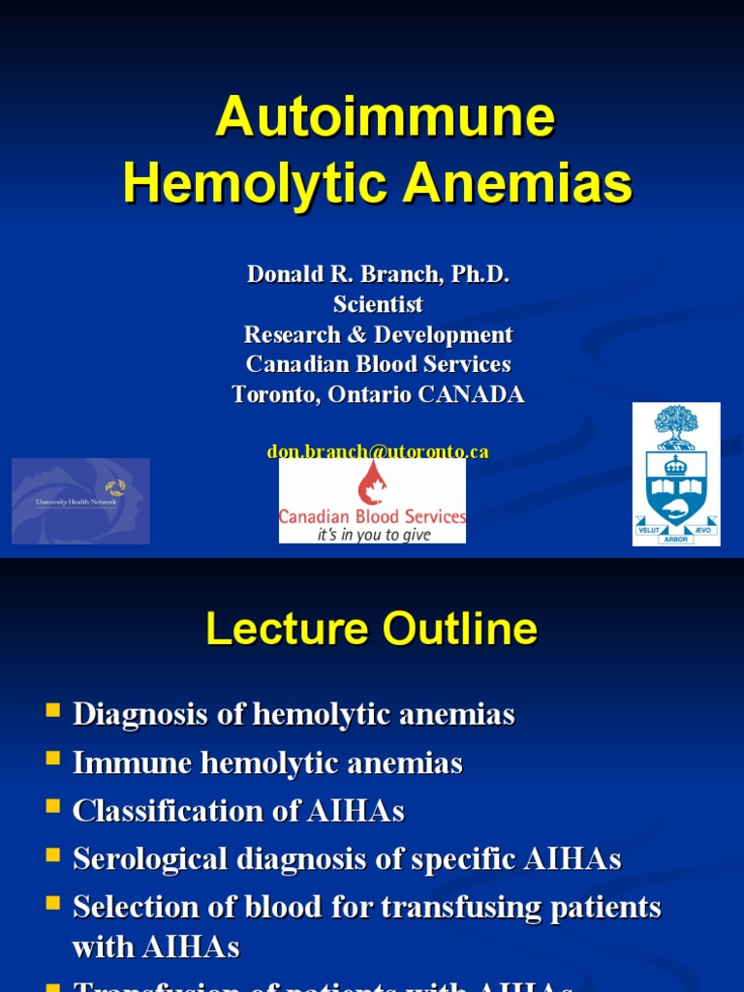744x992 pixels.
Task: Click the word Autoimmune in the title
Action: (385, 118)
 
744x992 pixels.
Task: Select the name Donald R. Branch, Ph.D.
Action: (378, 274)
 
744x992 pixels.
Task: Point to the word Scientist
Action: (378, 304)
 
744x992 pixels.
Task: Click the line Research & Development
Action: (378, 334)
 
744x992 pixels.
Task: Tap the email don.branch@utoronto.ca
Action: (378, 451)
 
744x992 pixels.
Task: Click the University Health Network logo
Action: (80, 501)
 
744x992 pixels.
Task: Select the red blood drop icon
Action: (372, 482)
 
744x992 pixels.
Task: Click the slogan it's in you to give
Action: (374, 534)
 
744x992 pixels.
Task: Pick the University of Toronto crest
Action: (676, 475)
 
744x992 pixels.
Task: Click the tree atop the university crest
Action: (676, 424)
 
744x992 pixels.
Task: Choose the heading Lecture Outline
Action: (371, 630)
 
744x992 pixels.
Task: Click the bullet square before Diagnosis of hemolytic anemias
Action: (52, 712)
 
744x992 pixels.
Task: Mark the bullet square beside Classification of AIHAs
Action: (52, 808)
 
